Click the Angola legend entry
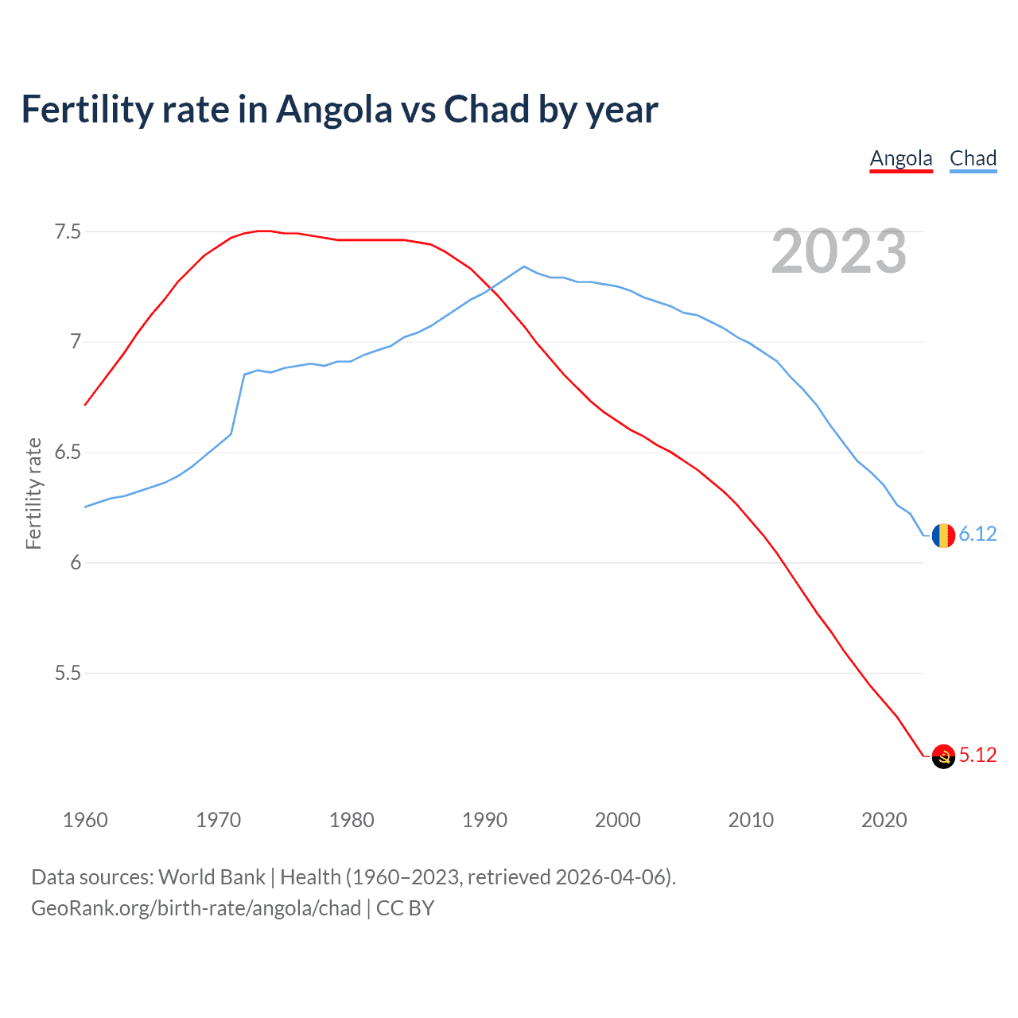pos(900,158)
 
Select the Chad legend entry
pos(973,158)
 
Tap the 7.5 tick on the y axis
pos(68,232)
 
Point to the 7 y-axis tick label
pos(76,342)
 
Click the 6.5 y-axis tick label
pos(68,453)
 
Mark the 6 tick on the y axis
pos(76,562)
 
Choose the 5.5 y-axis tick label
pos(68,673)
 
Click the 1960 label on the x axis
pos(85,820)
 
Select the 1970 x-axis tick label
pos(218,820)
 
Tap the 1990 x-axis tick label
pos(484,820)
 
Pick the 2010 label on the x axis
pos(751,820)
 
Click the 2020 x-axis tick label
pos(884,820)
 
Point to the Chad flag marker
pos(943,535)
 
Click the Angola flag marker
pos(943,756)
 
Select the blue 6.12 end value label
pos(977,534)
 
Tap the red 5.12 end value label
pos(977,755)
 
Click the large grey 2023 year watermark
pos(838,251)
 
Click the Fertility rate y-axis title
pos(33,493)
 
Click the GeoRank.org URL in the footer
pos(196,908)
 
